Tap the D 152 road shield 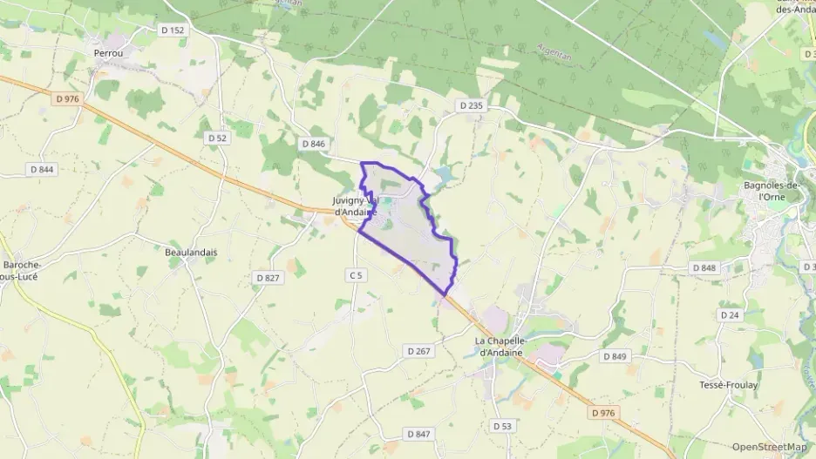click(x=173, y=30)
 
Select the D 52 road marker click(x=217, y=138)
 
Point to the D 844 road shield click(x=41, y=169)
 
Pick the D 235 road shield click(x=471, y=105)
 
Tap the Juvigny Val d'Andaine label click(x=355, y=206)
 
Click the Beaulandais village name click(x=191, y=252)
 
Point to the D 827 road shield click(x=268, y=277)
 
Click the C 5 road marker click(x=355, y=275)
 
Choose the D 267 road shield click(x=418, y=350)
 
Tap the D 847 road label click(x=418, y=434)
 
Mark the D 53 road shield click(x=501, y=426)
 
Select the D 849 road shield click(x=615, y=356)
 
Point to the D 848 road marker click(x=704, y=268)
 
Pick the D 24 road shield click(x=730, y=314)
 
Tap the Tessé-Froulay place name click(x=729, y=384)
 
